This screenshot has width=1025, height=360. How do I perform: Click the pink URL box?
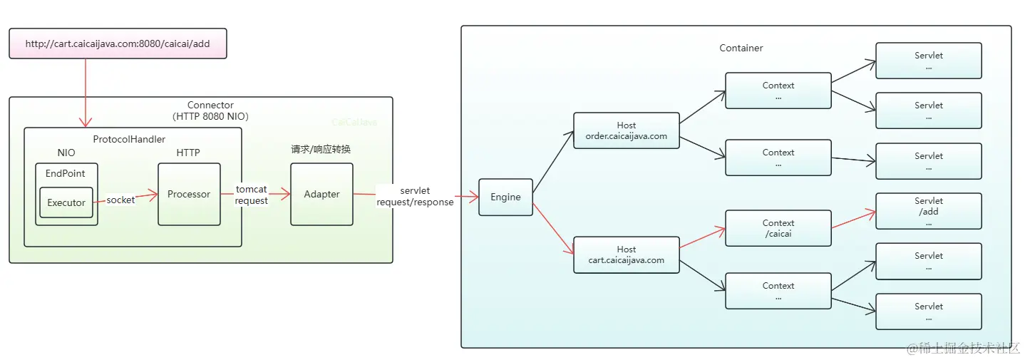click(x=118, y=43)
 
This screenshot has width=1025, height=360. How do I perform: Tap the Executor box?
click(x=66, y=202)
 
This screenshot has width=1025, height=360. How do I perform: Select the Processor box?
click(x=189, y=194)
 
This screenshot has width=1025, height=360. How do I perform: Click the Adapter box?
click(x=321, y=194)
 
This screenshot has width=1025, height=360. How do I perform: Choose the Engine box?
click(x=505, y=197)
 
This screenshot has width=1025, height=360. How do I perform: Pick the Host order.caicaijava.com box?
click(x=627, y=130)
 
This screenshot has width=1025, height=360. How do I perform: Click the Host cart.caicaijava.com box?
click(x=627, y=254)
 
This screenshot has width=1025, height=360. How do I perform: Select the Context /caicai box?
click(x=778, y=228)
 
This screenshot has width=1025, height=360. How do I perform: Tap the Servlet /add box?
click(x=929, y=211)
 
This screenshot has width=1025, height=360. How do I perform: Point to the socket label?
click(x=120, y=200)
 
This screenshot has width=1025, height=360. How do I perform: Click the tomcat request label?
click(x=251, y=195)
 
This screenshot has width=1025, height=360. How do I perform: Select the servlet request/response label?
click(x=415, y=196)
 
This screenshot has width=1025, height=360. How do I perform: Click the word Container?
click(x=741, y=48)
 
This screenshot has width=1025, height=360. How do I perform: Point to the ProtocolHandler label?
click(x=129, y=139)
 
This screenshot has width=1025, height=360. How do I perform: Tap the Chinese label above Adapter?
click(x=321, y=149)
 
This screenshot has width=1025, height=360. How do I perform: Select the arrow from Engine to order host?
click(x=553, y=162)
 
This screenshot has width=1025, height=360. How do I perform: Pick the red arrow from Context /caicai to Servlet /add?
click(x=854, y=219)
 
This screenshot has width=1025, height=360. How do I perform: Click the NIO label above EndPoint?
click(x=66, y=153)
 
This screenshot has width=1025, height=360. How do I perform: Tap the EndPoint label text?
click(x=65, y=173)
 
